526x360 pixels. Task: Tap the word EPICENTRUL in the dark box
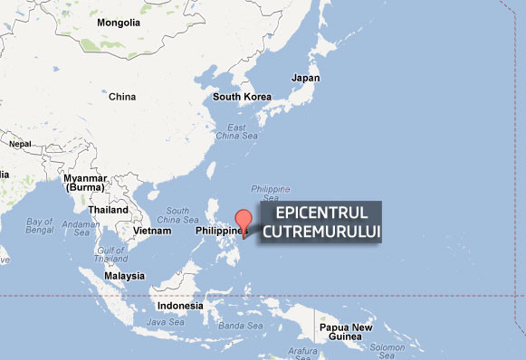click(321, 213)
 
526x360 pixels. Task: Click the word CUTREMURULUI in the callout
click(321, 232)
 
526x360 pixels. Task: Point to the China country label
click(121, 97)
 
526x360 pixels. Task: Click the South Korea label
click(243, 97)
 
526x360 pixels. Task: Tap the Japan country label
click(305, 79)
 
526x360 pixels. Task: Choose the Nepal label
click(20, 144)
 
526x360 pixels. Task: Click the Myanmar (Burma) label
click(85, 183)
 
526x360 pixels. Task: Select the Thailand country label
click(108, 210)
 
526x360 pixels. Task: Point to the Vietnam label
click(152, 231)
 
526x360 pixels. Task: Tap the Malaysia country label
click(124, 276)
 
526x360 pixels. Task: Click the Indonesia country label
click(179, 306)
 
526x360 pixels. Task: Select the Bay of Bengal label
click(40, 226)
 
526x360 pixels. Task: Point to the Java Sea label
click(166, 322)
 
